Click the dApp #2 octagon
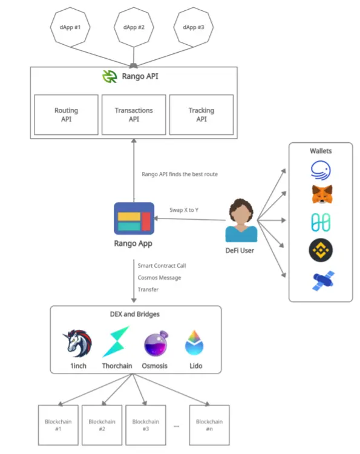click(134, 27)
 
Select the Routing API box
click(67, 114)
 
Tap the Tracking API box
click(201, 114)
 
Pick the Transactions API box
click(134, 114)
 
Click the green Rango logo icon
click(110, 76)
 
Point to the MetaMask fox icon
click(322, 194)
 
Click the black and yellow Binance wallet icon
click(321, 250)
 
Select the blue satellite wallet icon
click(324, 280)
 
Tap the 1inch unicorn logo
click(77, 343)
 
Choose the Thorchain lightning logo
click(116, 341)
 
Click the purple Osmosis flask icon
click(156, 343)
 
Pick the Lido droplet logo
click(194, 343)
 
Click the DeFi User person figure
click(241, 220)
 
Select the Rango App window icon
click(134, 219)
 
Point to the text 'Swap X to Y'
click(184, 210)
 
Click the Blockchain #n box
click(209, 425)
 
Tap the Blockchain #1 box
click(58, 425)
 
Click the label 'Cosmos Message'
click(159, 278)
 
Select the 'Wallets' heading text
click(321, 151)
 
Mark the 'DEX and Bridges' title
click(134, 314)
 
